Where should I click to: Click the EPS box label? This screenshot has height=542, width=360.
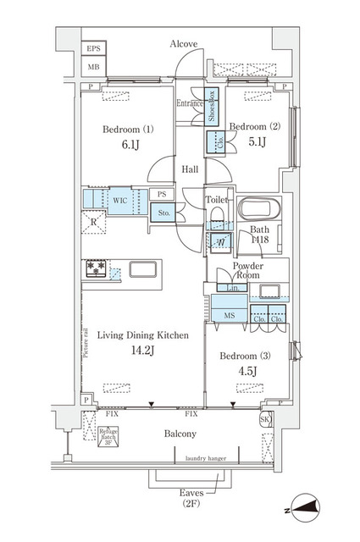93,49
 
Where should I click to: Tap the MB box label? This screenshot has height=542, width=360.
93,67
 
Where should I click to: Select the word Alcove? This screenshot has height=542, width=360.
184,43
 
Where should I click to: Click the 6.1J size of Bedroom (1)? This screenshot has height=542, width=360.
129,145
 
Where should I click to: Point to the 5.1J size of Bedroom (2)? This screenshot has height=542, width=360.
257,142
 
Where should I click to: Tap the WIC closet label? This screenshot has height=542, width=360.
119,202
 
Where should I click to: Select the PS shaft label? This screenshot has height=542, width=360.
162,194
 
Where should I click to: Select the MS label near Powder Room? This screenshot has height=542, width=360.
228,316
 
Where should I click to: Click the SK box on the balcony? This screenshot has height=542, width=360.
265,419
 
